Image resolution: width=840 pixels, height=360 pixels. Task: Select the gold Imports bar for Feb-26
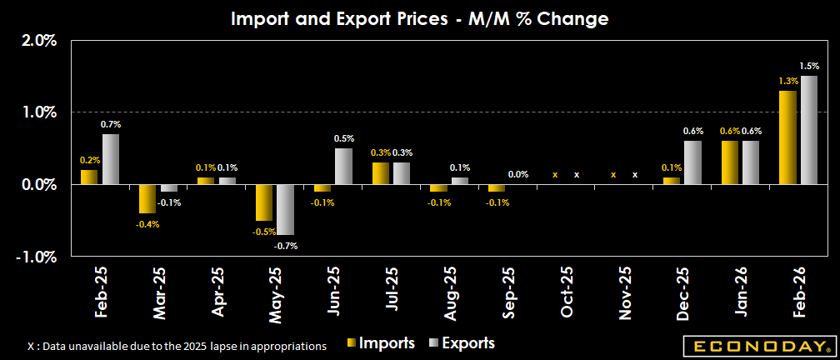(x=787, y=137)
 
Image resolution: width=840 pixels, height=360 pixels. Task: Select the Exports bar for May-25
(x=286, y=209)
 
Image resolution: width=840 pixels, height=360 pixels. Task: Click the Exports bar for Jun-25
(x=343, y=166)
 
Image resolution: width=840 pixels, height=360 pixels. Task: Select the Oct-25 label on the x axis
(x=567, y=292)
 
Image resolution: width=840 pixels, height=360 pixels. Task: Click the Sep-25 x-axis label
(x=509, y=292)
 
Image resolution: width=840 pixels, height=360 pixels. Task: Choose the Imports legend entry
(x=382, y=342)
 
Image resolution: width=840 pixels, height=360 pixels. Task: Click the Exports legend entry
(x=462, y=342)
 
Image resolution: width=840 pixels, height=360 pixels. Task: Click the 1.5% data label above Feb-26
(x=809, y=66)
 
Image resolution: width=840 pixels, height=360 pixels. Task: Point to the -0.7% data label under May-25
(x=286, y=246)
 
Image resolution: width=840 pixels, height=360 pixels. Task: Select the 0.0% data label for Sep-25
(x=517, y=174)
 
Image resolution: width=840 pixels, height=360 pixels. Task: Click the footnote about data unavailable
(x=177, y=345)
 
